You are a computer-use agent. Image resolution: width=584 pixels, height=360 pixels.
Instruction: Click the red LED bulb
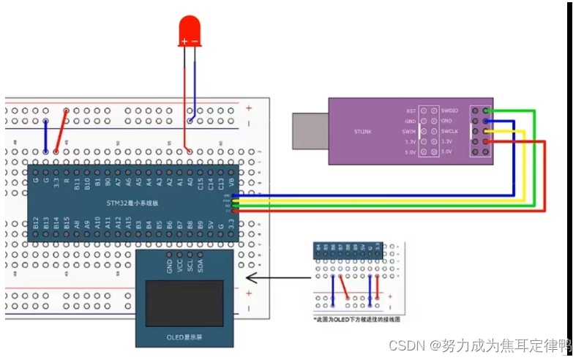(x=190, y=33)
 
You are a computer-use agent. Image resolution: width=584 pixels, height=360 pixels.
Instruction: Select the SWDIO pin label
(x=449, y=110)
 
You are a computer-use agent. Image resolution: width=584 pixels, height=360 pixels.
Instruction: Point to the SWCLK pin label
(x=449, y=131)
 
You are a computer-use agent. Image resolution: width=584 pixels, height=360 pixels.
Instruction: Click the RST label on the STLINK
(x=411, y=110)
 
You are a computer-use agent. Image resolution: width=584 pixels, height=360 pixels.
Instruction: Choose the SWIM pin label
(x=409, y=131)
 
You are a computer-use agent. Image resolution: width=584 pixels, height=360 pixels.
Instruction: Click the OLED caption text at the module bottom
(x=185, y=337)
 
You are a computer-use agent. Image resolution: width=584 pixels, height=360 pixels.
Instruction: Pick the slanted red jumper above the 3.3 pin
(x=61, y=132)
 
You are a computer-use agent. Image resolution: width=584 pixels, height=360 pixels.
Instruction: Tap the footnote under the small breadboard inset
(x=356, y=320)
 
